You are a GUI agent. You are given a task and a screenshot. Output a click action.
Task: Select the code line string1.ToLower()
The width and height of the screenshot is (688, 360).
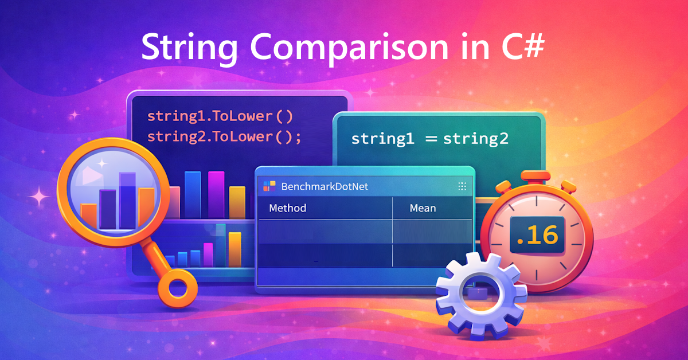(x=220, y=116)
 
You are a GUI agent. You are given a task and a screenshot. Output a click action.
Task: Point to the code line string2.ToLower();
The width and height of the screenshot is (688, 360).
(x=224, y=137)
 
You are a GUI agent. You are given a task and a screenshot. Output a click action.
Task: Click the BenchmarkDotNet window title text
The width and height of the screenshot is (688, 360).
(x=324, y=186)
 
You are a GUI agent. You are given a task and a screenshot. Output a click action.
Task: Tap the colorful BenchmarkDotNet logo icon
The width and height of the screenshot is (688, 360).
(x=269, y=186)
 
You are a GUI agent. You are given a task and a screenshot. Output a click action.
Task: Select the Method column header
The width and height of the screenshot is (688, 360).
(x=287, y=208)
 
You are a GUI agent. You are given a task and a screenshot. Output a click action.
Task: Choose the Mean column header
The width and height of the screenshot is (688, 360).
(x=423, y=208)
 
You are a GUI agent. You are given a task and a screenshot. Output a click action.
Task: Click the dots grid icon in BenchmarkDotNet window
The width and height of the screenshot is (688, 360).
(x=462, y=186)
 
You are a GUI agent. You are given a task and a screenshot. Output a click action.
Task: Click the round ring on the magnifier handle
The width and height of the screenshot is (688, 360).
(x=178, y=285)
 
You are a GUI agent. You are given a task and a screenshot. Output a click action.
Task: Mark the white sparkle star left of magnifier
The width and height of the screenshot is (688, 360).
(x=40, y=198)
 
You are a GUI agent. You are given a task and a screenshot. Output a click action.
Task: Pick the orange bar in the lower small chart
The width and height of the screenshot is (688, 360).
(x=235, y=249)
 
